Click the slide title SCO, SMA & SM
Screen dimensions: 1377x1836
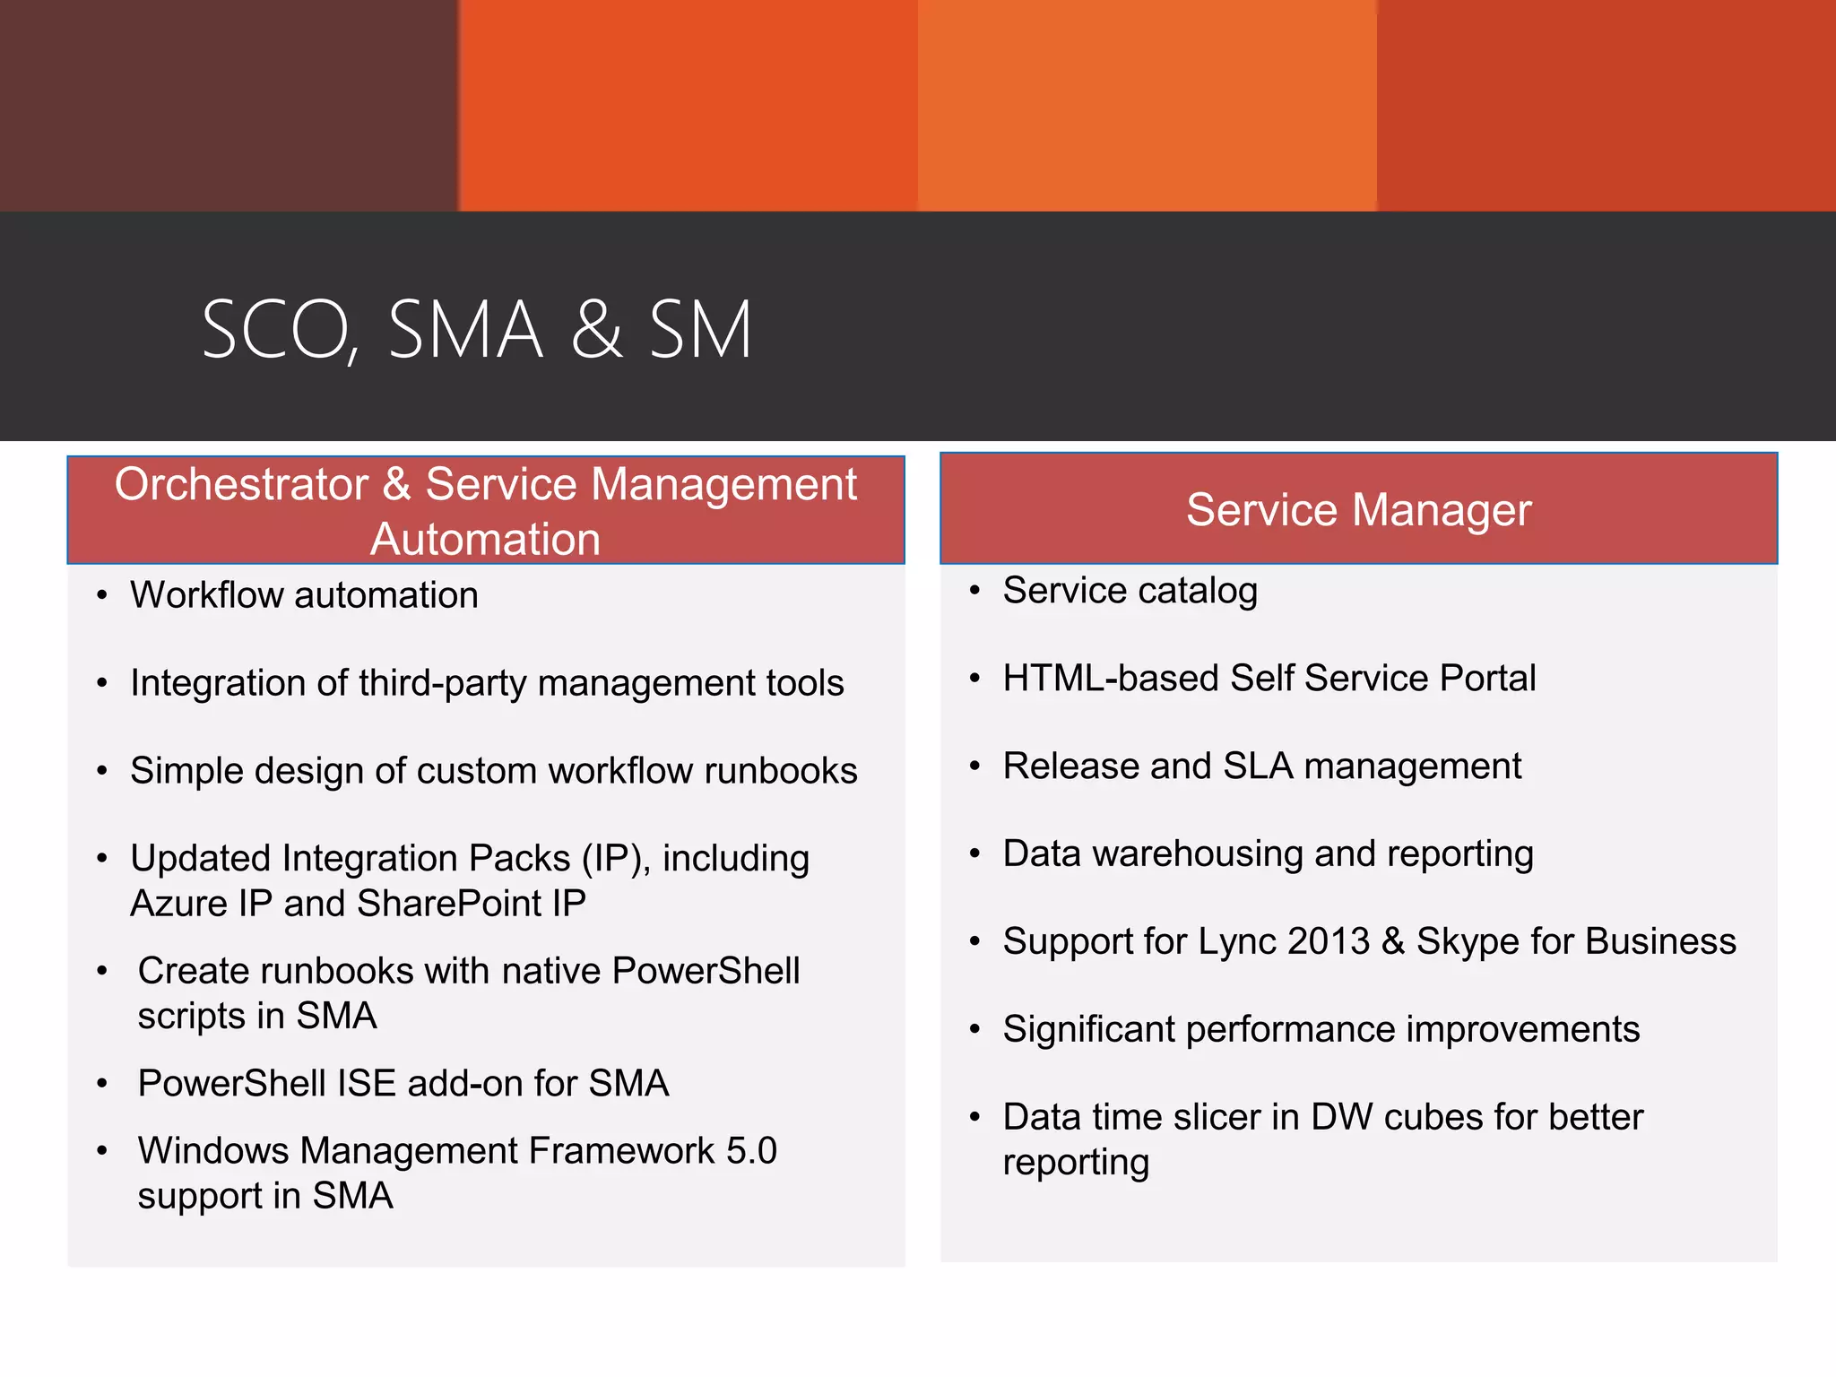[476, 330]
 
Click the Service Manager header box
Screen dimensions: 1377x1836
[1358, 509]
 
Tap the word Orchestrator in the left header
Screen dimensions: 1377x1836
[241, 484]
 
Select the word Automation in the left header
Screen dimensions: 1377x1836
[485, 540]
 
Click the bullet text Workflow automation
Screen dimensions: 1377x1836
[304, 595]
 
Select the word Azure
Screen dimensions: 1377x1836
[178, 904]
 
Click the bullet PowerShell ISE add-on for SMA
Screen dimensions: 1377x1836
[403, 1083]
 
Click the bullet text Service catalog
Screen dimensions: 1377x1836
[1130, 591]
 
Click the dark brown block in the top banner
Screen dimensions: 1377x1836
[229, 105]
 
